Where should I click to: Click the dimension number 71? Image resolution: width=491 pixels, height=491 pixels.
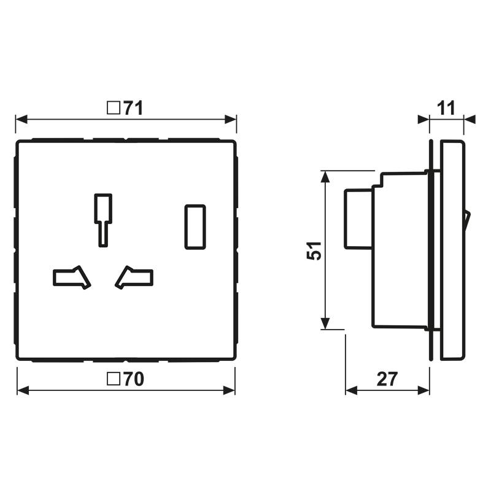click(x=133, y=109)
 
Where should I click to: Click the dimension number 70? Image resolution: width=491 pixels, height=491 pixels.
click(x=133, y=380)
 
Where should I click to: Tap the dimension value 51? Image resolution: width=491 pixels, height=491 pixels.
click(x=314, y=250)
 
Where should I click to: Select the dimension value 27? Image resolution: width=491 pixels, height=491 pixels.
click(x=387, y=380)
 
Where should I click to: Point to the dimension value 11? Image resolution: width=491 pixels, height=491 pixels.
click(x=446, y=109)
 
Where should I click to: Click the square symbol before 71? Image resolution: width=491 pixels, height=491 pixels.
click(x=113, y=109)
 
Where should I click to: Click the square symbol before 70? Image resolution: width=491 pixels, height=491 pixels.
click(x=113, y=380)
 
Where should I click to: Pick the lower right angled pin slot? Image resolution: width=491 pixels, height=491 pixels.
click(x=134, y=277)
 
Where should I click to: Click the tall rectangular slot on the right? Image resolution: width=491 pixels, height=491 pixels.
click(x=195, y=226)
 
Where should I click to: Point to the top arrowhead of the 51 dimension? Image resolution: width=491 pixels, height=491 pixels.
click(x=325, y=177)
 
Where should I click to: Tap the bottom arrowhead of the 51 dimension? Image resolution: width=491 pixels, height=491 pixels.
click(x=325, y=323)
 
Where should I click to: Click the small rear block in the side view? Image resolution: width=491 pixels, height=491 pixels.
click(x=358, y=219)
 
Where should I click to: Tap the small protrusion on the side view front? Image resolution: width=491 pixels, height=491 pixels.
click(x=466, y=220)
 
